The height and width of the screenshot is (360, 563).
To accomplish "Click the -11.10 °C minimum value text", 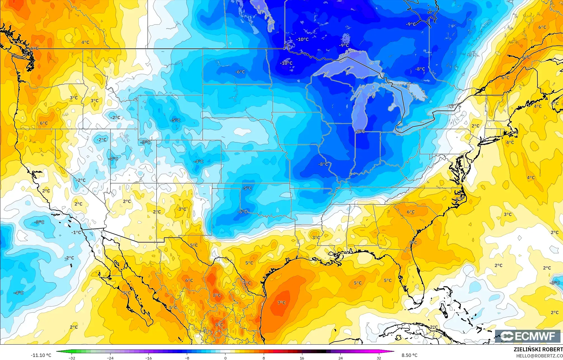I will (41, 355).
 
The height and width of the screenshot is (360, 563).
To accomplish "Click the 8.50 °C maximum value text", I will (409, 355).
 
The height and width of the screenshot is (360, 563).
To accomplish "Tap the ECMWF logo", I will (527, 336).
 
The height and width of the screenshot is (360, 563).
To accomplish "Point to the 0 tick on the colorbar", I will (225, 358).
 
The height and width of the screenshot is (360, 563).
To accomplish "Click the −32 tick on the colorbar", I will (72, 358).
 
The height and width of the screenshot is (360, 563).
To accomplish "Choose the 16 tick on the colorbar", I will (302, 358).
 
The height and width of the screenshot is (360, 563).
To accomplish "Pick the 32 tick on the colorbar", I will (379, 358).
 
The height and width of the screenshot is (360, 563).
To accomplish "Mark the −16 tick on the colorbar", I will (149, 358).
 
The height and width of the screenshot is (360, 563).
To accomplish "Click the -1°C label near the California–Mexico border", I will (76, 232).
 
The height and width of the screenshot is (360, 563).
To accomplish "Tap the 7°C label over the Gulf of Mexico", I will (281, 303).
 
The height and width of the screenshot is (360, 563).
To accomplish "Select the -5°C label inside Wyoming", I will (175, 120).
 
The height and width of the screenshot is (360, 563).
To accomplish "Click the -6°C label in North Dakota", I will (240, 72).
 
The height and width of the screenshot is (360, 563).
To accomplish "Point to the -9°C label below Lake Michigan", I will (360, 131).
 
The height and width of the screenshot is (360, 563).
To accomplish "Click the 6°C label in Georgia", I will (411, 212).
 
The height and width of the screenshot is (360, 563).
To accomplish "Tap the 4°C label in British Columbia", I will (85, 42).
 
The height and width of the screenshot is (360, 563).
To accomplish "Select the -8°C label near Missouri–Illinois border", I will (323, 164).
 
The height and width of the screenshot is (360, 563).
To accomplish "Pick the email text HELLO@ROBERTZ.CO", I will (539, 356).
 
